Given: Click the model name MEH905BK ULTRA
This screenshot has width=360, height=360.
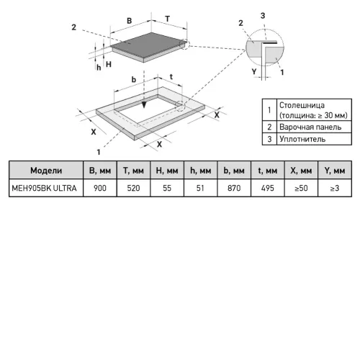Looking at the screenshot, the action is tap(44, 188).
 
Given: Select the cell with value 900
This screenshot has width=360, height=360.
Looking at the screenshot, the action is tap(100, 188).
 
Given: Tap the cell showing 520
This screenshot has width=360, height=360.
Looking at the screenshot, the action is tap(133, 188).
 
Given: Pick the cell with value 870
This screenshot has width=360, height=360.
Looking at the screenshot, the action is tap(234, 188).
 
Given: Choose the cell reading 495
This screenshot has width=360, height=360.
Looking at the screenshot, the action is tap(268, 188).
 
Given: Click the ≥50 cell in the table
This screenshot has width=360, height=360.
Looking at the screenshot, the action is tap(301, 188).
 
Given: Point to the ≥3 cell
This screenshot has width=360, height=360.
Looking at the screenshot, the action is tap(335, 188).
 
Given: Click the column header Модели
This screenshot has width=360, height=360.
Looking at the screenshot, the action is tap(46, 171).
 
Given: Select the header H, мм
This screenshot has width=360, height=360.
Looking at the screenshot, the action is tap(167, 171).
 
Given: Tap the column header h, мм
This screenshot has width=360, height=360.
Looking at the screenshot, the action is tap(201, 171).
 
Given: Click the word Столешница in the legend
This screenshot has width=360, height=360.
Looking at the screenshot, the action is tap(302, 105).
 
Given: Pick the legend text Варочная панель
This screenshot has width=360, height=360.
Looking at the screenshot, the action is tap(310, 127).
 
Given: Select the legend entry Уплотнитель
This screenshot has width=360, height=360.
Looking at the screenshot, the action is tap(302, 139).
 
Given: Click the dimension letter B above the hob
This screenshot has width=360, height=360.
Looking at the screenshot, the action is tap(130, 21).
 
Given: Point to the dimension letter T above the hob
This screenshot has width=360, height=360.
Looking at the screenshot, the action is tap(168, 19).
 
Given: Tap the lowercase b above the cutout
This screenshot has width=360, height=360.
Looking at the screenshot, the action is tap(134, 79).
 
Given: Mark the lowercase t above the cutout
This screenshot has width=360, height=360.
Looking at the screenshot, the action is tap(171, 77).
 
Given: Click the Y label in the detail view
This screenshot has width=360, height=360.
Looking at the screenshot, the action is tap(254, 71).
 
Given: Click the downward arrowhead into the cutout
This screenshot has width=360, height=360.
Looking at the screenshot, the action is tap(144, 105).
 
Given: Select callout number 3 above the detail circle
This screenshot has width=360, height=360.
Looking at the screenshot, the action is tap(263, 16).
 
